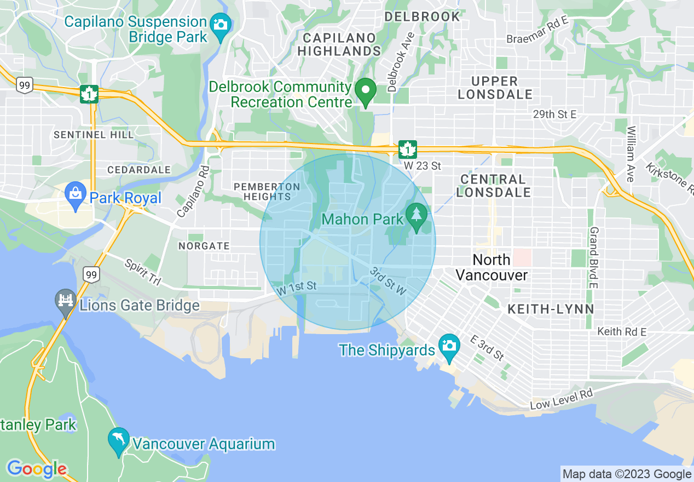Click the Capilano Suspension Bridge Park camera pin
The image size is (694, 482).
221,25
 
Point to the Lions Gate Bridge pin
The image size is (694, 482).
66,301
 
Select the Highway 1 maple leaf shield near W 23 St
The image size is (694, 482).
407,150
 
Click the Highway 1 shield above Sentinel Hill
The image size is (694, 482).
89,94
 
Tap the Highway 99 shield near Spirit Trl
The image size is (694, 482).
91,274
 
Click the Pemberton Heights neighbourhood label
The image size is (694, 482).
267,191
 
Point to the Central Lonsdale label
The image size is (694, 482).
493,186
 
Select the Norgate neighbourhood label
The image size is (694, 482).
204,246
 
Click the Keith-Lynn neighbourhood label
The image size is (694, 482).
551,309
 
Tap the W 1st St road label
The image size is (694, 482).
297,288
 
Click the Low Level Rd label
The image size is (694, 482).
562,400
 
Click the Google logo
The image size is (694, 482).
37,469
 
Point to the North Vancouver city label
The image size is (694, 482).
491,267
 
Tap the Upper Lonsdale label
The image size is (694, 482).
495,88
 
